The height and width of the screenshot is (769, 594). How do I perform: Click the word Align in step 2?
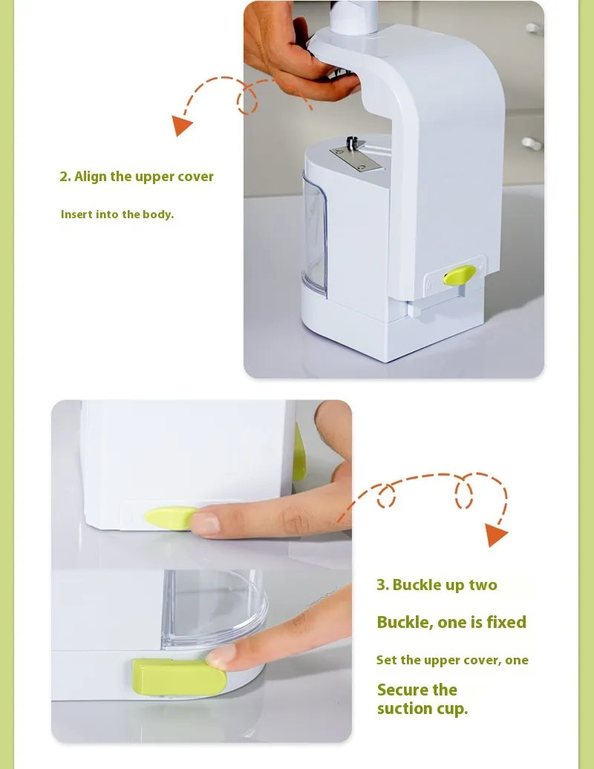point(91,177)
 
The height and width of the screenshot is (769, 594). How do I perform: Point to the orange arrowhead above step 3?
point(496,535)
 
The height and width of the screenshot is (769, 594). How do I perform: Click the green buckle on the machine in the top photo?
point(460,275)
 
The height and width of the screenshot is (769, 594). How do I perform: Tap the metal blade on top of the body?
point(357,157)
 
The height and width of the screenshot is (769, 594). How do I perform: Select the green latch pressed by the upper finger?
point(170,519)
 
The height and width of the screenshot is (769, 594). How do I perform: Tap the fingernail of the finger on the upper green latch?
point(205,523)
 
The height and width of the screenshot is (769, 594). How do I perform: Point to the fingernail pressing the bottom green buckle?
point(221,656)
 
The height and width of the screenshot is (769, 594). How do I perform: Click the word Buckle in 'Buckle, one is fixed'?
point(405,622)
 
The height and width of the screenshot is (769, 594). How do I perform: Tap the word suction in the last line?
point(405,708)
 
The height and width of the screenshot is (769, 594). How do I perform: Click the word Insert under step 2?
point(76,215)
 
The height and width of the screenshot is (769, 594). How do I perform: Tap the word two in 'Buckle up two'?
point(483,585)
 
